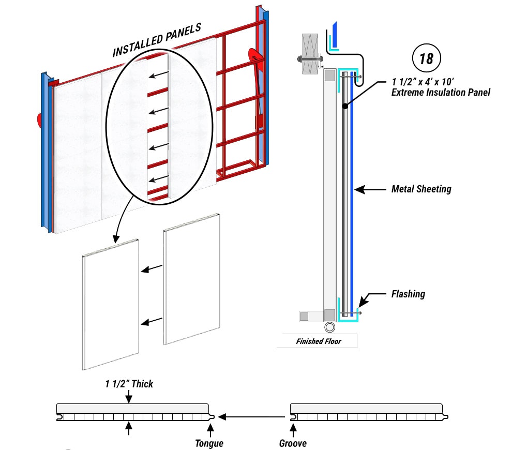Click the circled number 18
[x=426, y=58]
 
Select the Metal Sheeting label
[x=421, y=189]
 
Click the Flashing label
[x=408, y=294]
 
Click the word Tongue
[x=209, y=443]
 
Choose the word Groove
[x=292, y=443]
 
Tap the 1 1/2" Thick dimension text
[x=129, y=384]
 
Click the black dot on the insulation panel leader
[x=343, y=106]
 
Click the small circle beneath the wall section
[x=329, y=327]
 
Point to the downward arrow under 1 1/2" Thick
[x=129, y=397]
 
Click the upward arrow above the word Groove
[x=293, y=429]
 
